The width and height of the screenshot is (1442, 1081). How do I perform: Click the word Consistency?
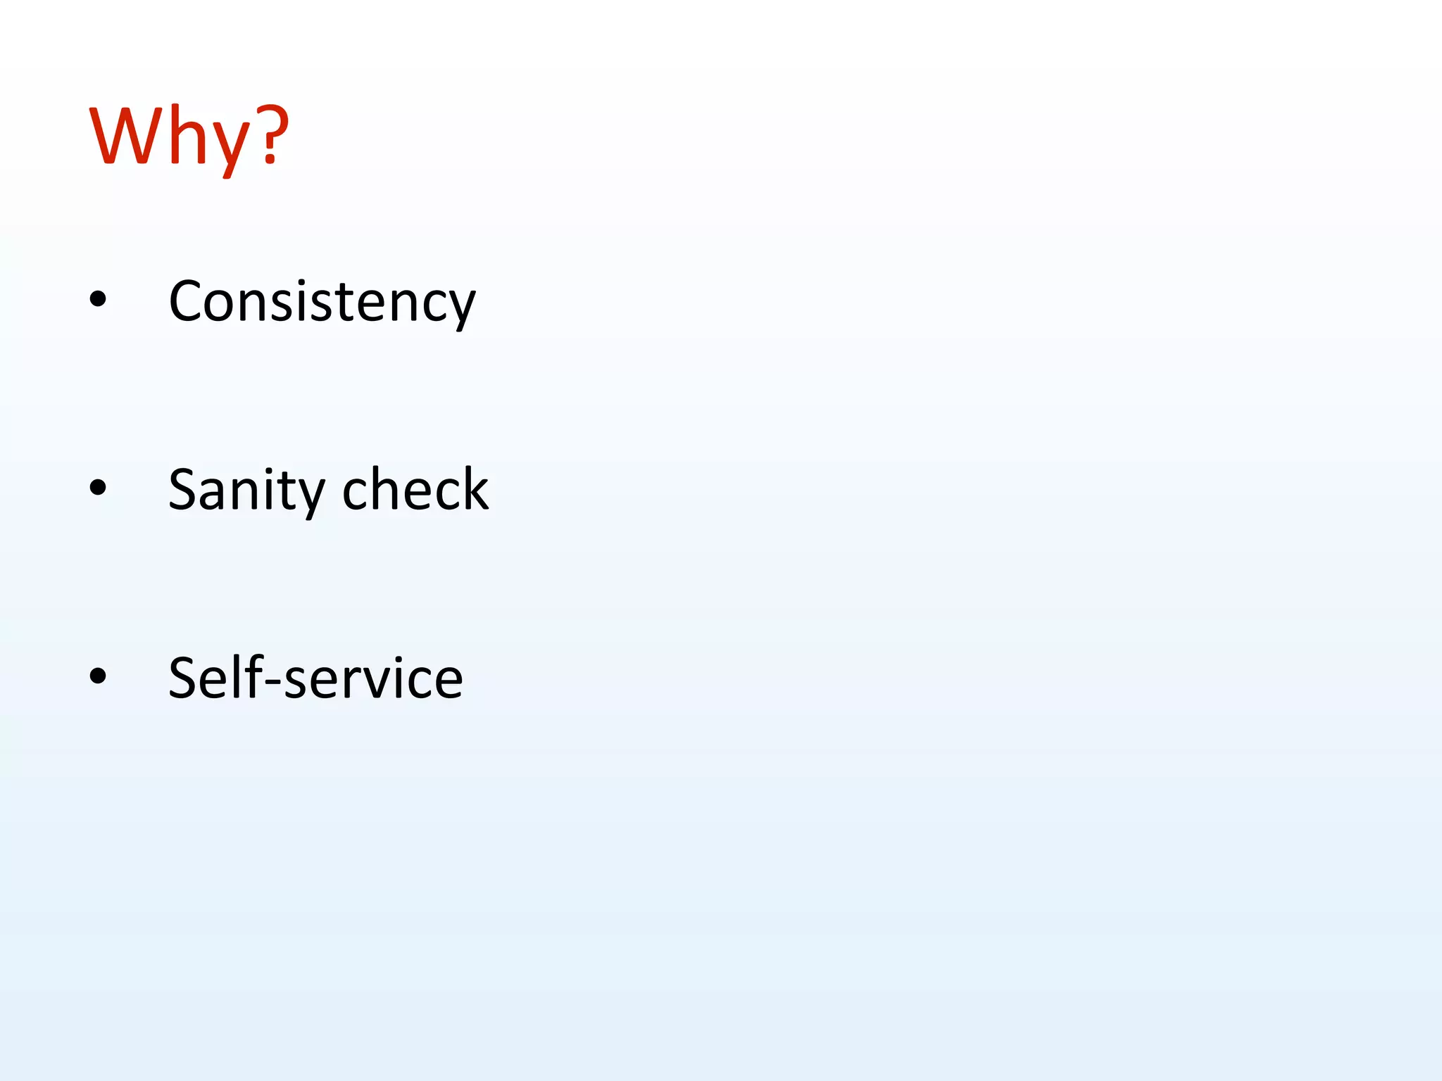pos(322,301)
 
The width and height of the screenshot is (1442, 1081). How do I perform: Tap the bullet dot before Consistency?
pos(98,299)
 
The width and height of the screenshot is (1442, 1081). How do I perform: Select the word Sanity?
pos(246,490)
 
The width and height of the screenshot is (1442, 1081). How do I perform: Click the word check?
pos(415,488)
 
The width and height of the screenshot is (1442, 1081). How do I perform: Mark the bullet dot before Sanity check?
pos(98,487)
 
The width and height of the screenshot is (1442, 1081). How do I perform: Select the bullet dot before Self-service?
pos(98,676)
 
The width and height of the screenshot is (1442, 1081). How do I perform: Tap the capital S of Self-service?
pos(184,678)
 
